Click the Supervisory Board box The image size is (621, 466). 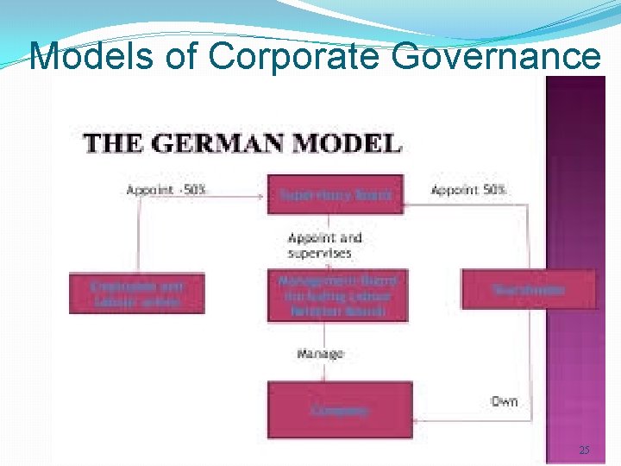point(336,195)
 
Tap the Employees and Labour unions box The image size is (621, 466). point(136,293)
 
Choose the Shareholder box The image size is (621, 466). point(529,290)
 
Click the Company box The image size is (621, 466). point(340,411)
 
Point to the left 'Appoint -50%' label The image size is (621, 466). point(166,190)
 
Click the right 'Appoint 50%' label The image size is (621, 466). point(468,190)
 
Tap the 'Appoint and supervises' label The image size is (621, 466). point(324,245)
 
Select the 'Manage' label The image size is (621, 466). point(320,354)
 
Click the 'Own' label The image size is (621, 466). point(504,401)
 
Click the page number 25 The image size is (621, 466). point(584,450)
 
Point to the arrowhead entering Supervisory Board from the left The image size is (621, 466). point(262,195)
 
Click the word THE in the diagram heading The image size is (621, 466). point(110,143)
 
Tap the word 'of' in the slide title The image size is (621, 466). point(179,58)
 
